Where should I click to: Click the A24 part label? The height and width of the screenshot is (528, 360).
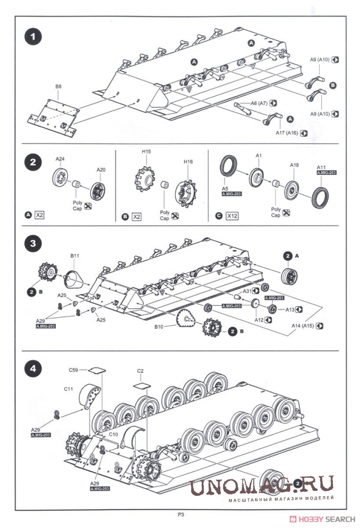[60, 160]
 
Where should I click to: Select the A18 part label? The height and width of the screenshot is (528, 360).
[294, 165]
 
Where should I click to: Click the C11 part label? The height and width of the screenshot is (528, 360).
[69, 388]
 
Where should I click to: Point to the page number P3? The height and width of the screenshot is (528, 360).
[181, 514]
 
